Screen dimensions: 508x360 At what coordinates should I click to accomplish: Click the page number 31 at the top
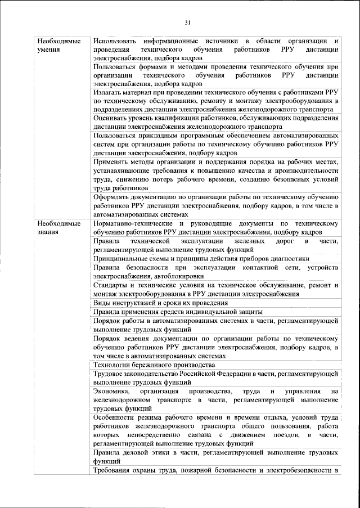coord(187,23)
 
